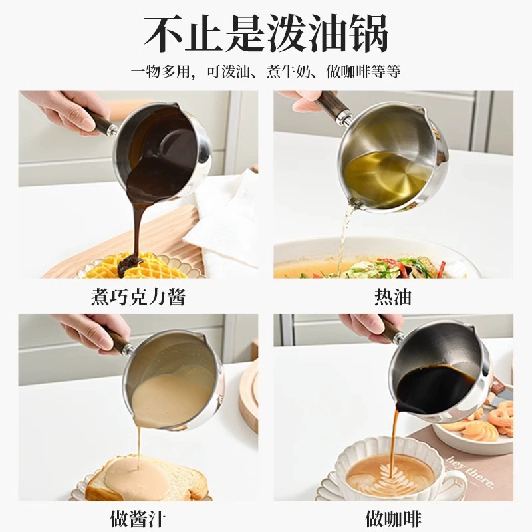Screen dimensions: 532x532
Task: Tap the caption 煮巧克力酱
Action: click(x=138, y=297)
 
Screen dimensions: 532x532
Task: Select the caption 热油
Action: click(x=393, y=297)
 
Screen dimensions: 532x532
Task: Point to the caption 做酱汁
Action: click(x=138, y=519)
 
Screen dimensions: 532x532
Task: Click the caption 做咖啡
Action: click(x=393, y=519)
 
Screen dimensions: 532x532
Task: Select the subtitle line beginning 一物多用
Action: click(x=265, y=72)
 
